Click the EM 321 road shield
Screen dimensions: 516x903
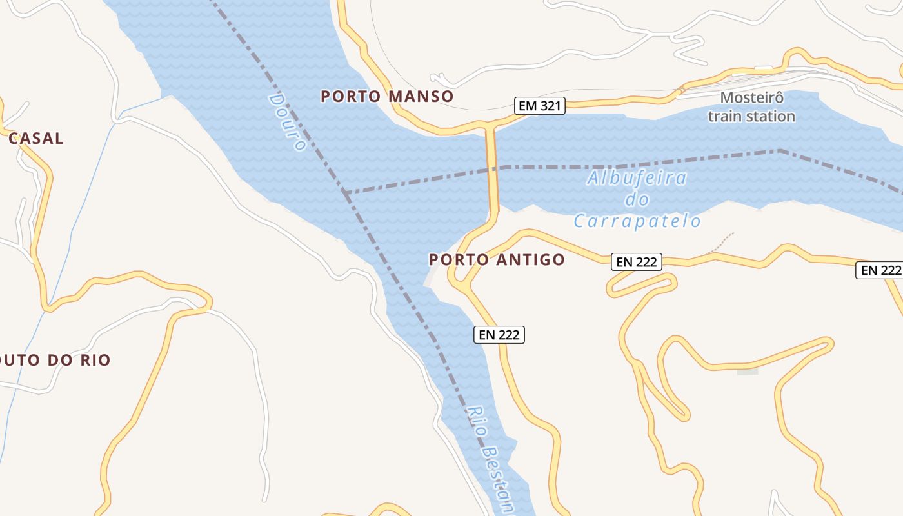click(x=540, y=106)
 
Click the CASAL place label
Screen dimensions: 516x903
click(x=36, y=138)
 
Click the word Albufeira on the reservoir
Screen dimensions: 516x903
click(x=637, y=179)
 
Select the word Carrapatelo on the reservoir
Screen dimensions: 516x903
click(x=637, y=222)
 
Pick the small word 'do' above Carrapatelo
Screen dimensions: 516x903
click(x=637, y=200)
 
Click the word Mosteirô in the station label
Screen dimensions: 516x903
click(x=752, y=98)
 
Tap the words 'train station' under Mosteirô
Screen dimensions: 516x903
click(x=751, y=117)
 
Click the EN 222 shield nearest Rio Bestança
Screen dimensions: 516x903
click(x=499, y=335)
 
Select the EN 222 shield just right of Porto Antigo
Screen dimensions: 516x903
click(x=637, y=262)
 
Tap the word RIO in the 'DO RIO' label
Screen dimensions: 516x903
click(x=94, y=361)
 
